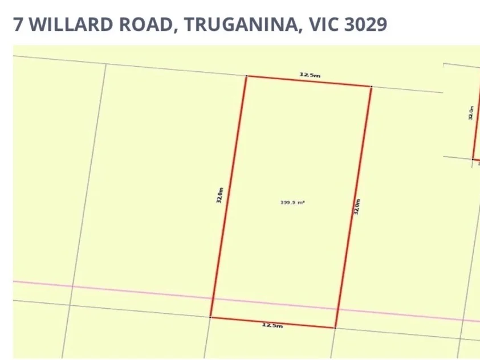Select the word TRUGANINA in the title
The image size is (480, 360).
coord(242,24)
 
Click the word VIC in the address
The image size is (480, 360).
coord(321,24)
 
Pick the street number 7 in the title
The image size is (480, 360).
coord(18,24)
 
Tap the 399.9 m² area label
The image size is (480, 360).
coord(292,202)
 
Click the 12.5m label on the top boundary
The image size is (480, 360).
coord(310,75)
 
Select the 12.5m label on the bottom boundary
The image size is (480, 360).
coord(272,325)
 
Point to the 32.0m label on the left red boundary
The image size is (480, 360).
coord(219,195)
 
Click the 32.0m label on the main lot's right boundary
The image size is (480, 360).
coord(357,206)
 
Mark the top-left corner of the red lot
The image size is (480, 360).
coord(246,76)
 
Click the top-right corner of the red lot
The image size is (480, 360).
coord(371,87)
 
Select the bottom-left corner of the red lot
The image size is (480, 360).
coord(210,317)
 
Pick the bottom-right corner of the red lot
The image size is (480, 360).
coord(335,328)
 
